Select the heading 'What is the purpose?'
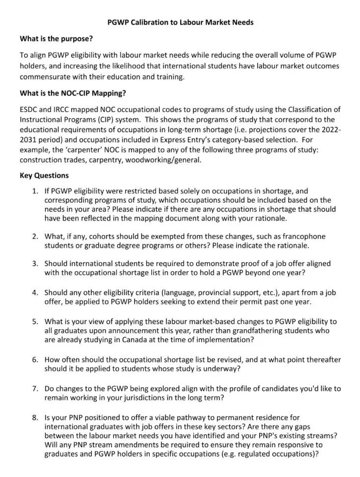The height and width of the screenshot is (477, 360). pos(56,39)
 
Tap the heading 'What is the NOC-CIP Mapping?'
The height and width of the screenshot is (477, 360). pos(73,93)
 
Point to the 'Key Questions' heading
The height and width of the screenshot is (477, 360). pos(44,175)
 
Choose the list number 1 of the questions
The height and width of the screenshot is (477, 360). pos(35,192)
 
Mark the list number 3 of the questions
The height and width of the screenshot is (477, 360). pos(35,264)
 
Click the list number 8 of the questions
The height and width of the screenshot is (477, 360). pos(35,417)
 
